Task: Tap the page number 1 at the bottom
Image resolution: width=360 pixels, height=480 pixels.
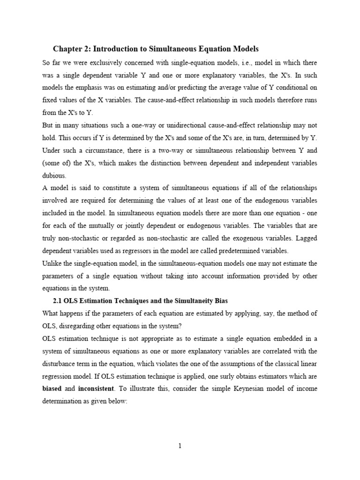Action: [x=180, y=446]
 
